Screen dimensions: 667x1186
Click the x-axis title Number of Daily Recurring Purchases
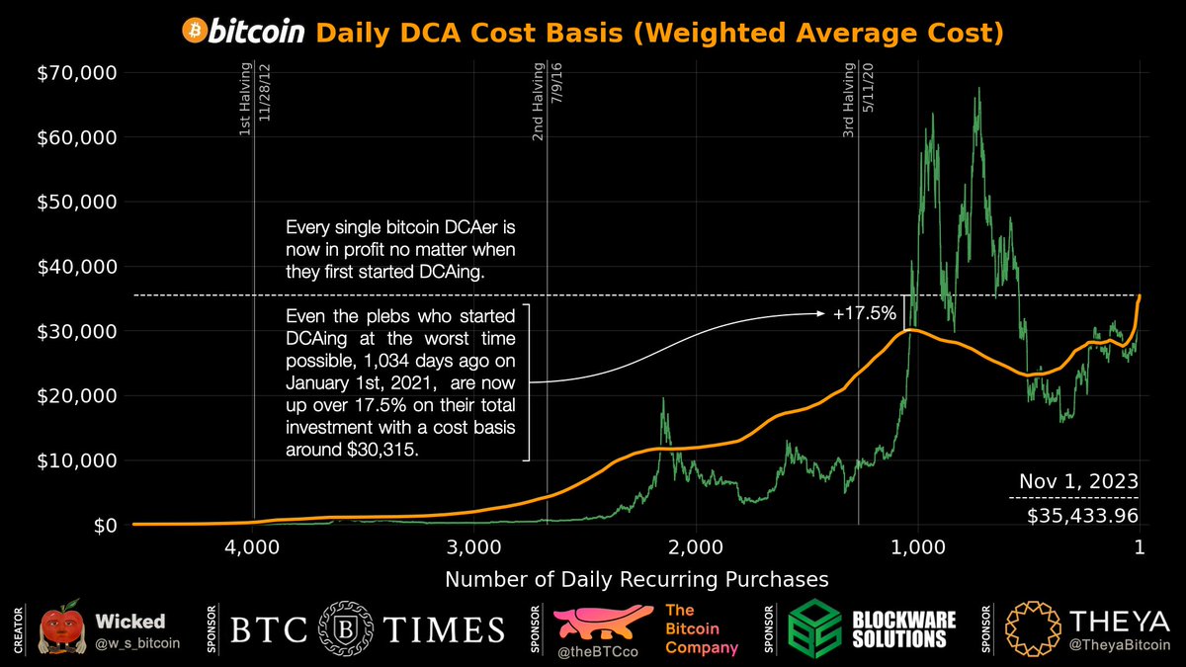tap(636, 578)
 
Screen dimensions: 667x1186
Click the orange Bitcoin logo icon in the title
tap(195, 32)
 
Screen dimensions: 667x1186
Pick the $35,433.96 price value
tap(1079, 514)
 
